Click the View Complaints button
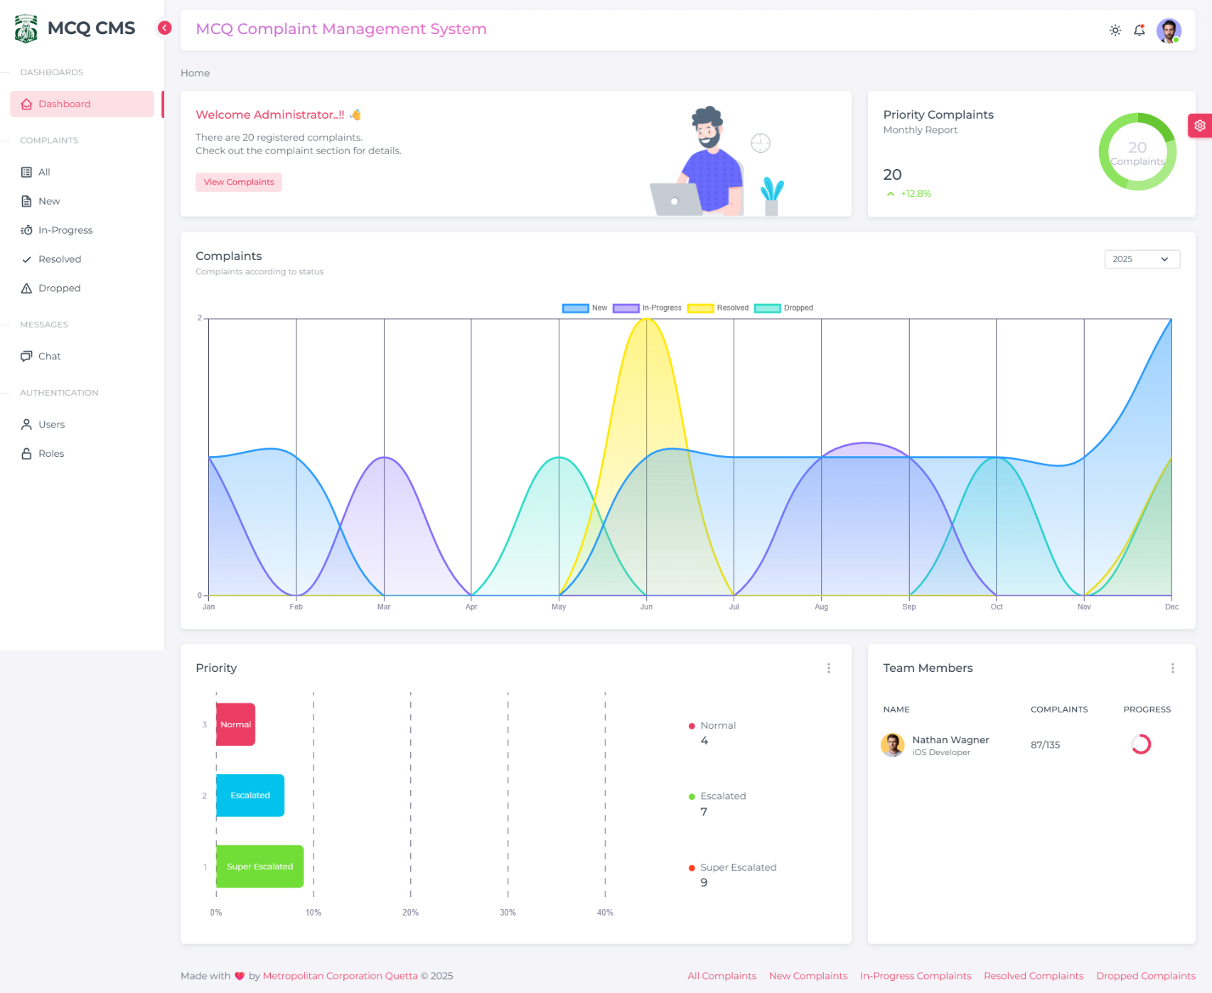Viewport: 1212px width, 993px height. pos(238,183)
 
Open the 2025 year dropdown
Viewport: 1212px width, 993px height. pos(1141,259)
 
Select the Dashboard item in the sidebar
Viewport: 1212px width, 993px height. pos(82,104)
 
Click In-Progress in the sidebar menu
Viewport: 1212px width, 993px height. pos(65,230)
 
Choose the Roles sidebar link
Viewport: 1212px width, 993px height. pos(50,454)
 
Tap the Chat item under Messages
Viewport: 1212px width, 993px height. pos(49,357)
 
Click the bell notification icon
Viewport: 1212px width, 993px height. pos(1139,31)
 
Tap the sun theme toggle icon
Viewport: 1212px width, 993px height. pos(1115,31)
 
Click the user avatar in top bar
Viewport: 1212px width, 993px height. pos(1168,31)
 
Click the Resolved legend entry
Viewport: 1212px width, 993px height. pos(718,308)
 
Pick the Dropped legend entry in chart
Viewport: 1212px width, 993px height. pos(783,308)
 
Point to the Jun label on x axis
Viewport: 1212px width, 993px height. pos(645,607)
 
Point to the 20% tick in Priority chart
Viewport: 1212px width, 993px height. pos(410,913)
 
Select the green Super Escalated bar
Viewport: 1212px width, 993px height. pos(259,867)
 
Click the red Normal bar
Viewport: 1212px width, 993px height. pos(235,725)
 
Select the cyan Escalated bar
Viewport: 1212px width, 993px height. pos(250,796)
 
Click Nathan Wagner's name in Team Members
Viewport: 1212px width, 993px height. pos(950,740)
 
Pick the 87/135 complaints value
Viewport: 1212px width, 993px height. pos(1044,745)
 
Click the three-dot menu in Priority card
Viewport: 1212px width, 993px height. pos(828,668)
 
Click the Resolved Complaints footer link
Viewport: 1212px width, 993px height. pos(1033,976)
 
